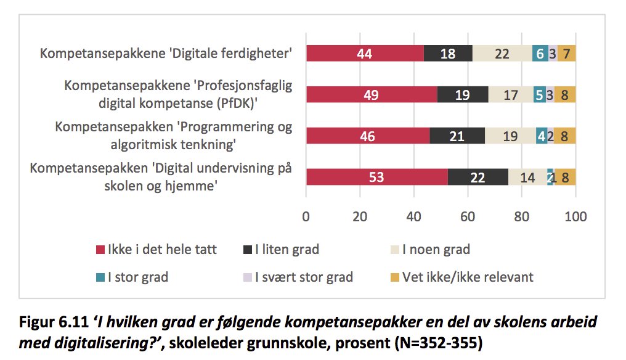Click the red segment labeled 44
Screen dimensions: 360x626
[365, 53]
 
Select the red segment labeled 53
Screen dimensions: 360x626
[377, 177]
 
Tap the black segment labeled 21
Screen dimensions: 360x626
[457, 136]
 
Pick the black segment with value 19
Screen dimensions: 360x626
[462, 94]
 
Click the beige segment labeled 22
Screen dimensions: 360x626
[502, 53]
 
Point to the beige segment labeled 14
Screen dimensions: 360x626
[527, 177]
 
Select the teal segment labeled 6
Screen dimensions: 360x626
[540, 53]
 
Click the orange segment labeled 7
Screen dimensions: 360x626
[566, 53]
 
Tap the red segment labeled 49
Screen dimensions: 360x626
[372, 94]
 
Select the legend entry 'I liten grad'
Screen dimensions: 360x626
[281, 250]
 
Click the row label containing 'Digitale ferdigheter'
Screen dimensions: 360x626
[165, 53]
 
